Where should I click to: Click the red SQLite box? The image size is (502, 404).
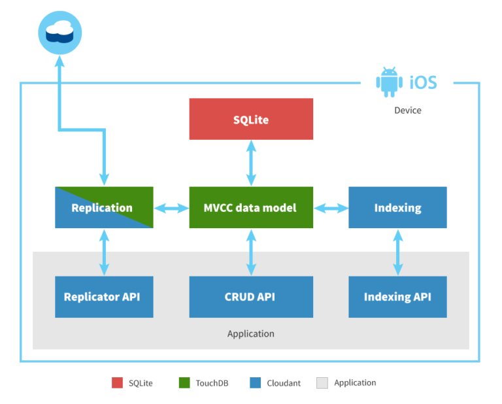point(251,119)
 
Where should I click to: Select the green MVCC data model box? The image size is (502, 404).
point(251,207)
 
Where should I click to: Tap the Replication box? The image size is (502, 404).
point(104,207)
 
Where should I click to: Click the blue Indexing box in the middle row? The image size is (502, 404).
point(397,207)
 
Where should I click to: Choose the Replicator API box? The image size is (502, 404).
point(104,297)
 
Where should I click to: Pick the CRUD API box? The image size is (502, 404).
point(251,297)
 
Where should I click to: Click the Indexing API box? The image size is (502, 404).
point(397,297)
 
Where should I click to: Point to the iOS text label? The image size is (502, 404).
point(422,82)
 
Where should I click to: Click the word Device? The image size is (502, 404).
point(407,110)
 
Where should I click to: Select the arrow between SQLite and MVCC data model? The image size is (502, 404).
point(251,163)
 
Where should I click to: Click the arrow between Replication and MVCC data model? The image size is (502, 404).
point(171,208)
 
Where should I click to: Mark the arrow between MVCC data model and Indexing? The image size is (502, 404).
point(331,208)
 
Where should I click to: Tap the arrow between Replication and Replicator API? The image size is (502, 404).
point(104,252)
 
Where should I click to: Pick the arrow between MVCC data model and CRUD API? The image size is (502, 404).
point(251,252)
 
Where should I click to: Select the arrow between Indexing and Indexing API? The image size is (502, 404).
point(397,252)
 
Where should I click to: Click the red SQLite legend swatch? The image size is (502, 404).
point(117,383)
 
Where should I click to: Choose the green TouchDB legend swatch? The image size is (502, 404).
point(184,383)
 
